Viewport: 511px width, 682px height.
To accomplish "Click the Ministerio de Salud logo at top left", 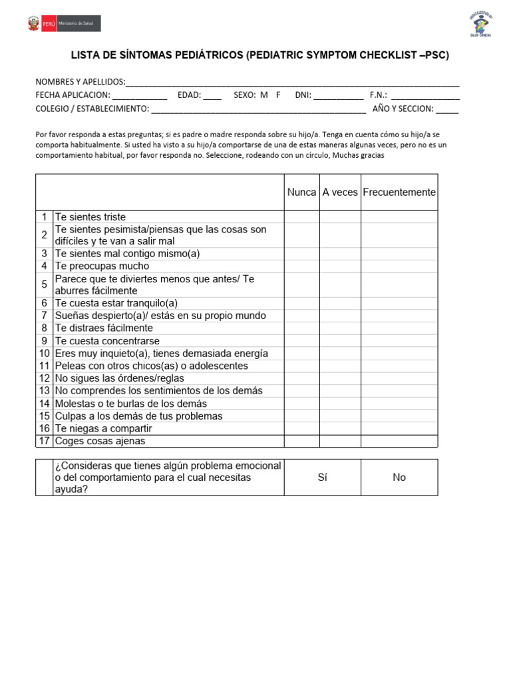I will click(x=64, y=24).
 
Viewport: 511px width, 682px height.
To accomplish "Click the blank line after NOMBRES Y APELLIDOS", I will click(x=292, y=83).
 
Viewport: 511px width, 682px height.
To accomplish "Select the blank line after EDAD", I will click(x=212, y=95).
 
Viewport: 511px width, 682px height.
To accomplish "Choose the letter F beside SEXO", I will click(x=278, y=95).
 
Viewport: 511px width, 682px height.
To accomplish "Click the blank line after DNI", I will click(x=338, y=95).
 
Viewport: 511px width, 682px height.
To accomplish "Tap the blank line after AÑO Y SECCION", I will click(x=447, y=109).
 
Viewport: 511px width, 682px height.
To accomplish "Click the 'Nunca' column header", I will click(x=301, y=192).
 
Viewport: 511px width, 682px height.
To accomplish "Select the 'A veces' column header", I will click(x=340, y=192).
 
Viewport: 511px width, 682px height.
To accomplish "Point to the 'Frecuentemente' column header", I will click(x=399, y=192).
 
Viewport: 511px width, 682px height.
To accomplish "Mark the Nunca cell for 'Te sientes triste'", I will click(x=301, y=217).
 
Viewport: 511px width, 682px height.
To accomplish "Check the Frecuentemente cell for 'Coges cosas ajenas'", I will click(x=399, y=441).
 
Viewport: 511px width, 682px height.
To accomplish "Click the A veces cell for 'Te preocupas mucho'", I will click(x=340, y=266).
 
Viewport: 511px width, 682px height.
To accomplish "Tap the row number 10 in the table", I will click(x=45, y=354).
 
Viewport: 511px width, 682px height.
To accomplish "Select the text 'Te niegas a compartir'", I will click(x=103, y=428).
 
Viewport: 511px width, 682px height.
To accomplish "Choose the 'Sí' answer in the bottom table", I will click(x=323, y=478).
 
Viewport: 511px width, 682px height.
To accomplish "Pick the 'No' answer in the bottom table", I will click(x=399, y=478).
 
